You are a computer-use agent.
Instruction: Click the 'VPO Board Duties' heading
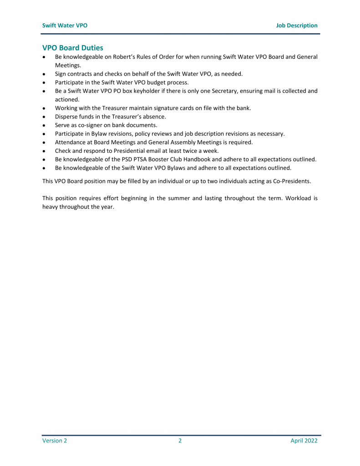pyautogui.click(x=73, y=47)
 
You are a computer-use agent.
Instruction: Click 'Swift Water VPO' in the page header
pyautogui.click(x=65, y=25)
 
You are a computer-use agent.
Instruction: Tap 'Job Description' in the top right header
pyautogui.click(x=296, y=25)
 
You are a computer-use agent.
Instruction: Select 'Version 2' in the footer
pyautogui.click(x=55, y=441)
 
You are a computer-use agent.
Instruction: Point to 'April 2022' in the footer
pyautogui.click(x=304, y=441)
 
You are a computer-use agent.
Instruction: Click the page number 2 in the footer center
pyautogui.click(x=180, y=441)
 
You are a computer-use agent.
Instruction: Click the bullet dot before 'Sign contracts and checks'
pyautogui.click(x=44, y=74)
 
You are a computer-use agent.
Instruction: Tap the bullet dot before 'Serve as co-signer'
pyautogui.click(x=44, y=125)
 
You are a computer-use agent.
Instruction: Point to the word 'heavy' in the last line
pyautogui.click(x=51, y=207)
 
